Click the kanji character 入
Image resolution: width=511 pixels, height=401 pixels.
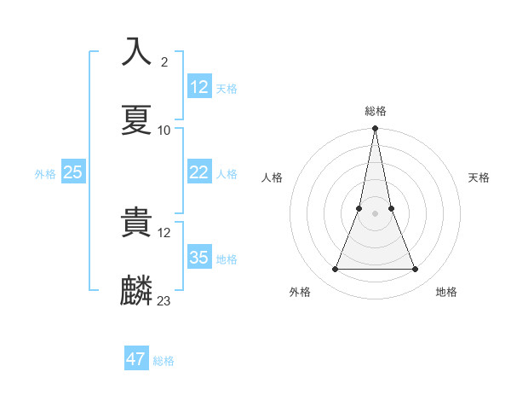pyautogui.click(x=137, y=52)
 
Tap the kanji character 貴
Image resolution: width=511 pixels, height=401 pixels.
pyautogui.click(x=137, y=223)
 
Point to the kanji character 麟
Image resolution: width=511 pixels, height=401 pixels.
pyautogui.click(x=137, y=290)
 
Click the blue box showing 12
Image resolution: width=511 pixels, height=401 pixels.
pyautogui.click(x=199, y=87)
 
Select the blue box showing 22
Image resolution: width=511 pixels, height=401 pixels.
pyautogui.click(x=199, y=172)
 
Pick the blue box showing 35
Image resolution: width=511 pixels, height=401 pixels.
pyautogui.click(x=199, y=258)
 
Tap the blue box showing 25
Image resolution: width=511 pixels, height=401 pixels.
pyautogui.click(x=73, y=172)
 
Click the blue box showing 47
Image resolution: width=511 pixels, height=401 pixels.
pyautogui.click(x=135, y=359)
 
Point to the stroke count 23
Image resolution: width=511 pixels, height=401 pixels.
pyautogui.click(x=164, y=301)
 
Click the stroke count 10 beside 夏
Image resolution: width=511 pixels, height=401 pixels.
pyautogui.click(x=164, y=131)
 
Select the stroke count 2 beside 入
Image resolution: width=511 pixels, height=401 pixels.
pyautogui.click(x=164, y=62)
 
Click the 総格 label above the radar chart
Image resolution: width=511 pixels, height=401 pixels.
pyautogui.click(x=376, y=111)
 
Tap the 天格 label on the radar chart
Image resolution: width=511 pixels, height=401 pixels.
pyautogui.click(x=479, y=177)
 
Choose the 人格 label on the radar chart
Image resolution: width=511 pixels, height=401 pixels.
pyautogui.click(x=272, y=177)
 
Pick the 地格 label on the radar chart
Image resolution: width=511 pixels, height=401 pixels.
pyautogui.click(x=446, y=292)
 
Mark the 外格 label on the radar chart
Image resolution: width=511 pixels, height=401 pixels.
pyautogui.click(x=300, y=292)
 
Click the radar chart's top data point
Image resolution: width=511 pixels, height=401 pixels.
pyautogui.click(x=375, y=129)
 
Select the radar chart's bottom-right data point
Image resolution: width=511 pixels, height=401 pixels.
pyautogui.click(x=416, y=270)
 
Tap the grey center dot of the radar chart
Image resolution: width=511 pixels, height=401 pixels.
pyautogui.click(x=375, y=213)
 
